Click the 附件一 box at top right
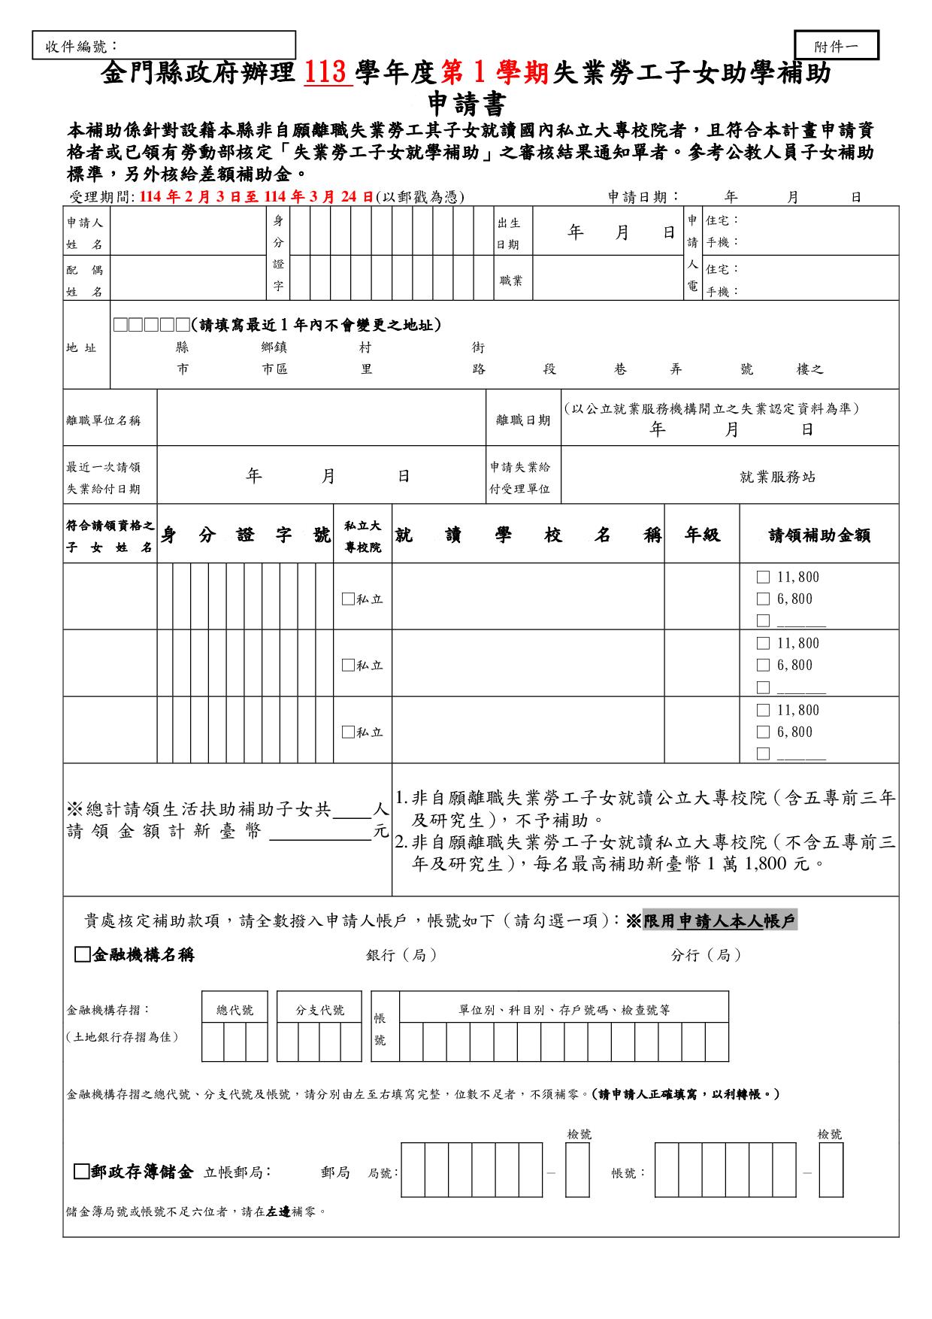tap(836, 46)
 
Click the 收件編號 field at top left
tap(164, 46)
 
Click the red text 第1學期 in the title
tap(497, 74)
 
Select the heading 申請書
tap(466, 104)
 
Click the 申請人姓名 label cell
tap(85, 233)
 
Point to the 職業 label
tap(511, 280)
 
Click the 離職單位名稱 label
tap(104, 420)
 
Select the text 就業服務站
tap(777, 477)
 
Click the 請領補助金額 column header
tap(819, 535)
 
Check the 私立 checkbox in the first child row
tap(348, 599)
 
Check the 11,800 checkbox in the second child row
tap(763, 644)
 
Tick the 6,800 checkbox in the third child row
tap(763, 732)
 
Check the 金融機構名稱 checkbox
tap(82, 955)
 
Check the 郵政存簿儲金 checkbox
tap(82, 1172)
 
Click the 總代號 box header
tap(235, 1010)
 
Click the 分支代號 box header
tap(319, 1010)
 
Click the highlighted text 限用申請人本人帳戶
tap(719, 920)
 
